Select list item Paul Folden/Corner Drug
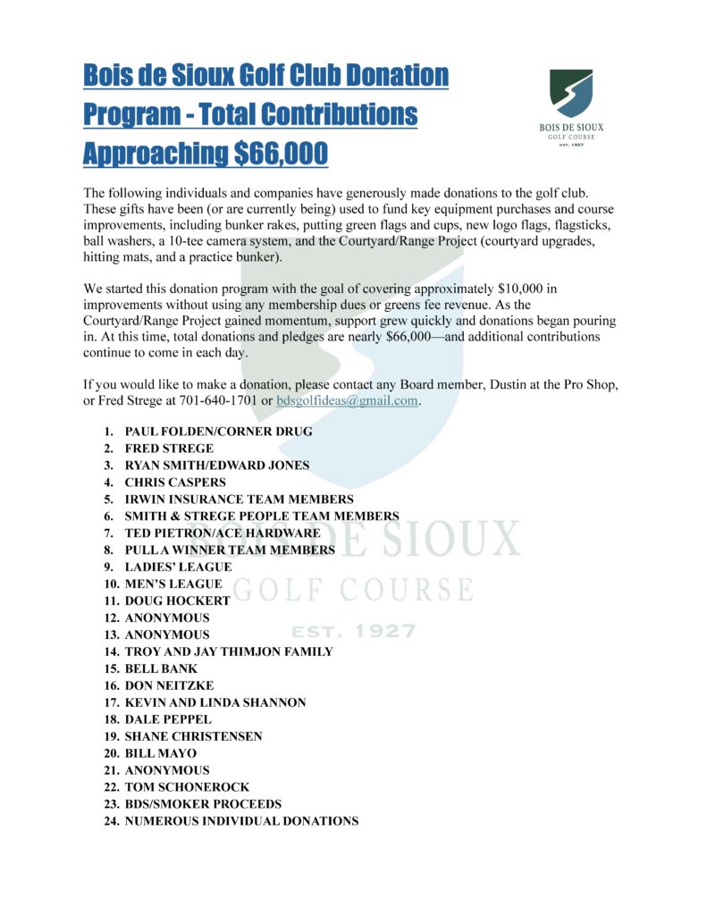point(218,432)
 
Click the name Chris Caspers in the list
point(175,483)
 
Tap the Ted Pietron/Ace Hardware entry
point(223,533)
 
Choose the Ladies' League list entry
point(178,567)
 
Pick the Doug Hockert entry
point(177,600)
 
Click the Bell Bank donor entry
point(161,668)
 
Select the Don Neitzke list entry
point(169,685)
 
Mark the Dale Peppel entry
point(167,719)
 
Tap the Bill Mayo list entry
point(161,753)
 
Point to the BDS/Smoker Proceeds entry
point(203,804)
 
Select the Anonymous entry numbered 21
point(167,770)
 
